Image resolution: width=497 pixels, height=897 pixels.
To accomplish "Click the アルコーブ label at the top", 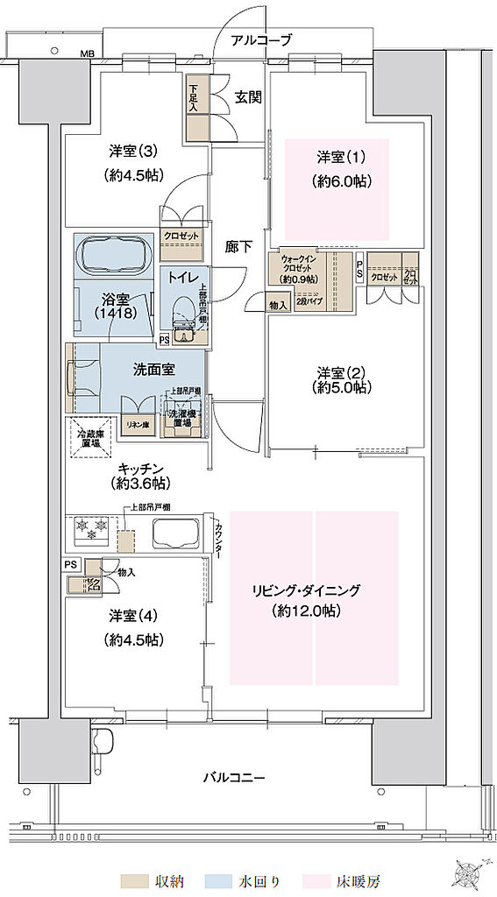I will coord(261,40).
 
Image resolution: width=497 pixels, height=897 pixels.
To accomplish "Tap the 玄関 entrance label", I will coord(248,97).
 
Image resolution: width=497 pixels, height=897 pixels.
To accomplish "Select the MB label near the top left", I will coord(88,55).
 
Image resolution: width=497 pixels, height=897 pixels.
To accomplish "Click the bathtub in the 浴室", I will coord(117,255).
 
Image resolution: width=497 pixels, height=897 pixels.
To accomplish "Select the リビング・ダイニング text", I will coord(315,590).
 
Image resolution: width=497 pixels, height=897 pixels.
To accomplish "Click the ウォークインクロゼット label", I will coord(298,269).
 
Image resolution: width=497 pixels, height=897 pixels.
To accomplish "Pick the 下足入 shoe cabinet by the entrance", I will coord(197,108).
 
